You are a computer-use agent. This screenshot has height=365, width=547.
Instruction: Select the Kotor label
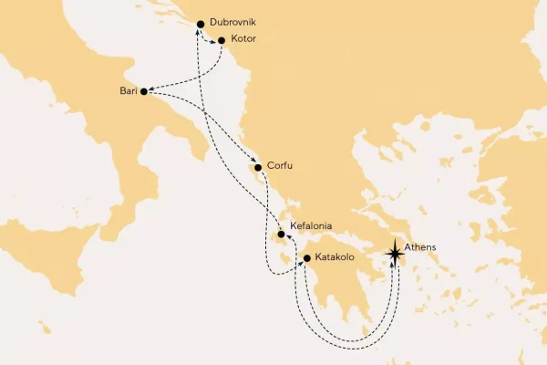click(243, 40)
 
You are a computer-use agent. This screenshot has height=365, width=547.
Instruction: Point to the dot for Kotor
click(222, 40)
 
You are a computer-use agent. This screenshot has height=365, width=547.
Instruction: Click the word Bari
click(128, 90)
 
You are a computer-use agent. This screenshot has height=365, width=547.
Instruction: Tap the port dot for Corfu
click(259, 168)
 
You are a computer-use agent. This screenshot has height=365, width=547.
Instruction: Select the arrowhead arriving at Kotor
click(215, 40)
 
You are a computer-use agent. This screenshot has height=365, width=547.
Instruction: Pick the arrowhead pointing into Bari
click(151, 89)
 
